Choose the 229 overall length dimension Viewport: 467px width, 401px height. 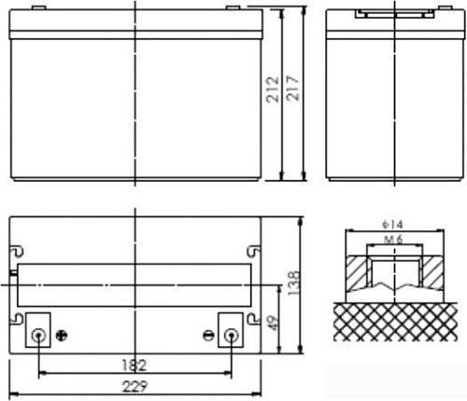pyautogui.click(x=135, y=388)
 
